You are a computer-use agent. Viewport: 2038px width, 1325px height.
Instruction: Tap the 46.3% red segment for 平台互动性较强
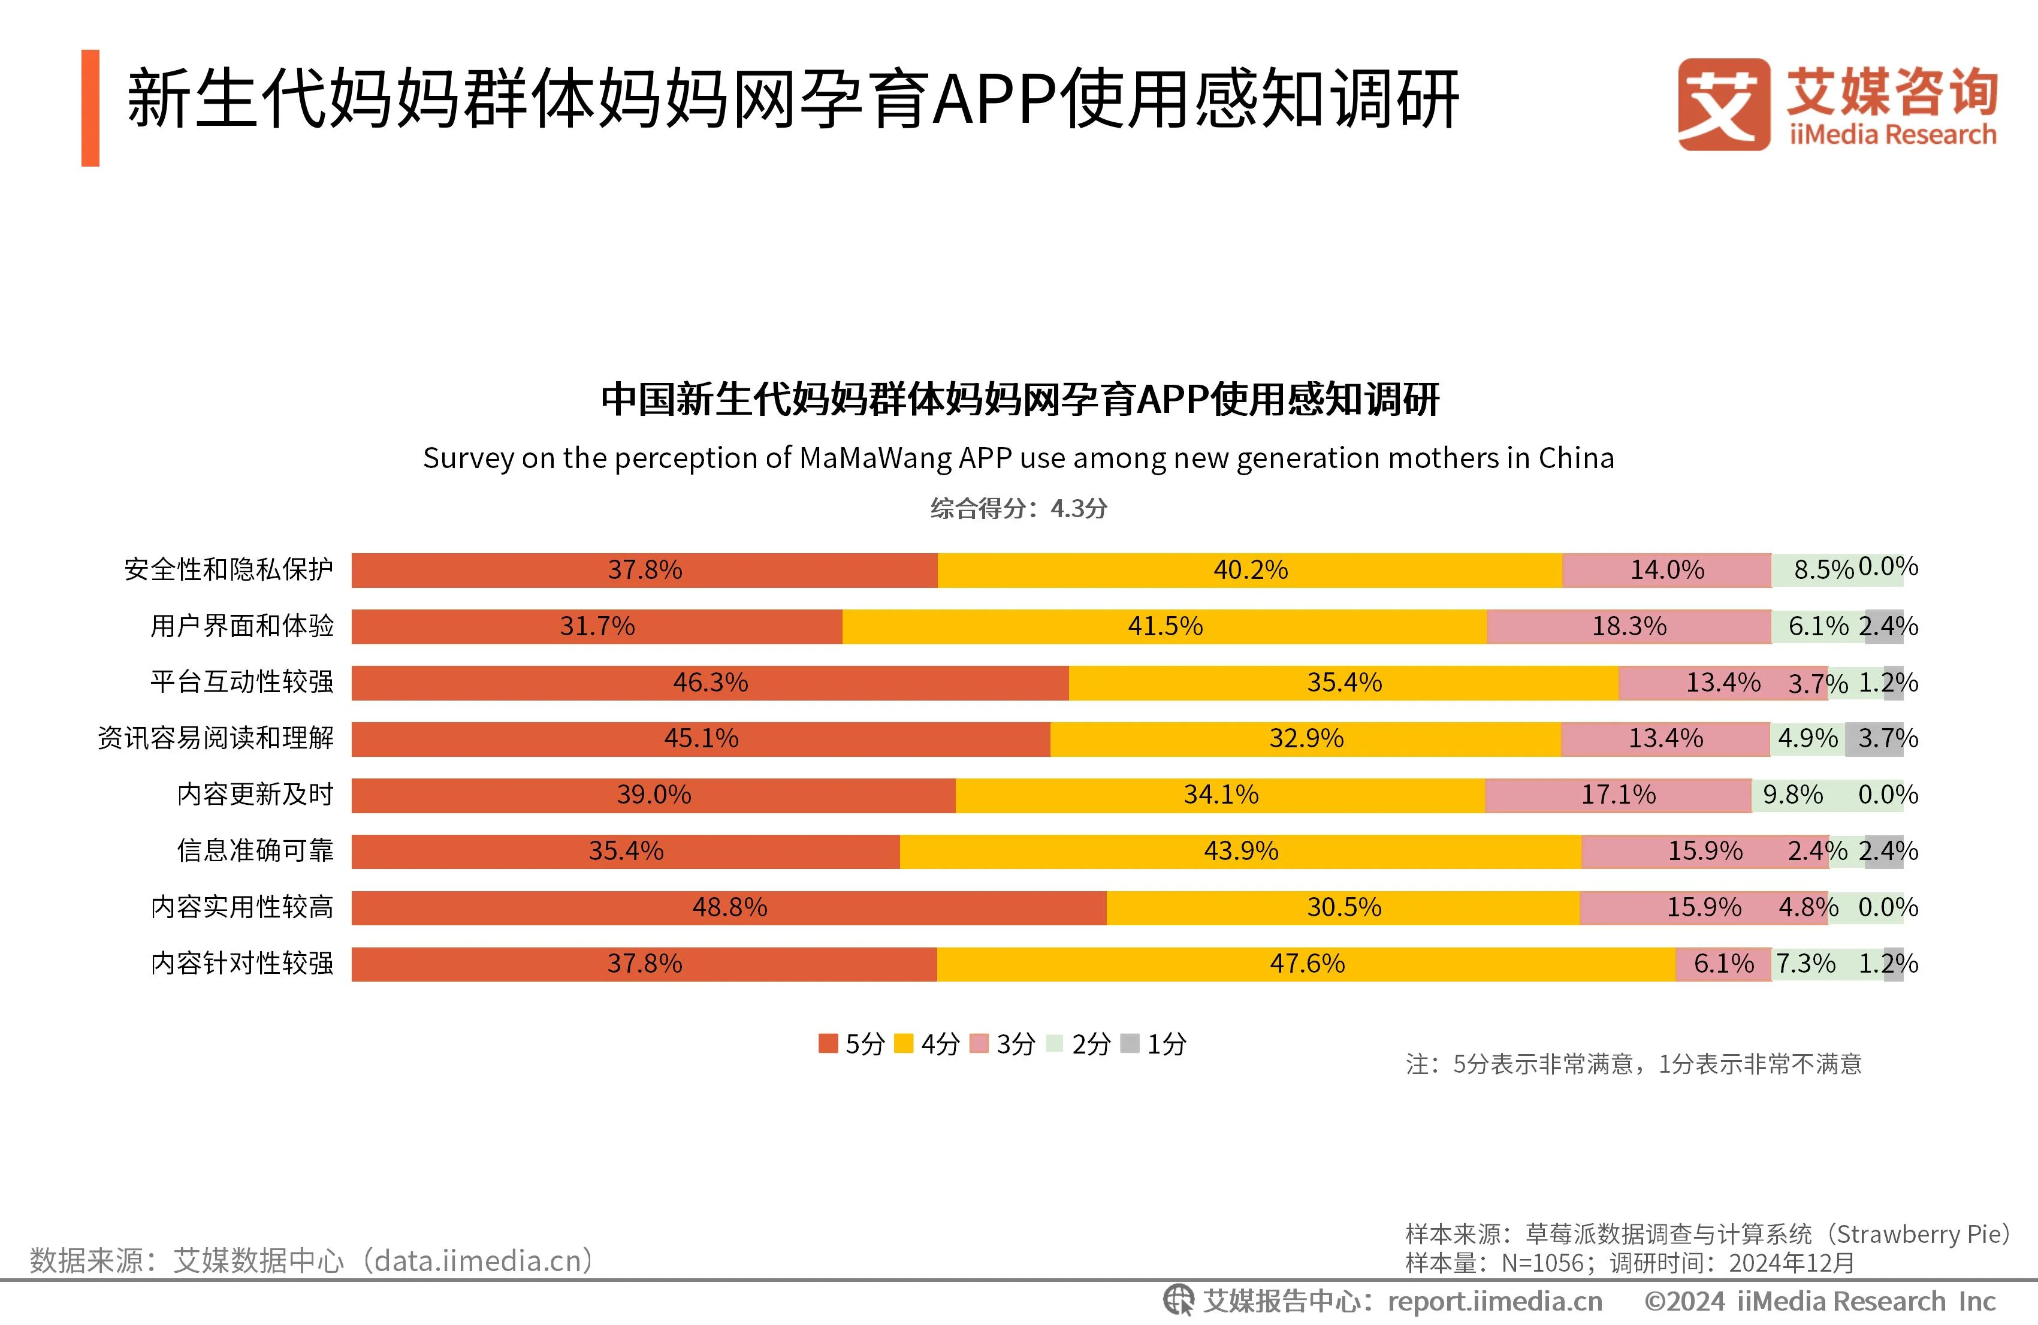710,683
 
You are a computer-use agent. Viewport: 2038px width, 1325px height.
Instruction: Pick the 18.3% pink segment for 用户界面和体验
1629,626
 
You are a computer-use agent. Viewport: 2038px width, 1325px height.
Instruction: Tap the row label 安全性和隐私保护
229,569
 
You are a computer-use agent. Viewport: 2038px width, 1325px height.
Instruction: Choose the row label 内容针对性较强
242,964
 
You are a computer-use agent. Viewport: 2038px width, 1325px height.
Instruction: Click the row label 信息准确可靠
255,850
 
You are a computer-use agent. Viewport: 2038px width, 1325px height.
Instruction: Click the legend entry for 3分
1003,1044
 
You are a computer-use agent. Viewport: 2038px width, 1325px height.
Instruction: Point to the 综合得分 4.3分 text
1019,509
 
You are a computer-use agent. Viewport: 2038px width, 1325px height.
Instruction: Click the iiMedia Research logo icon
1723,104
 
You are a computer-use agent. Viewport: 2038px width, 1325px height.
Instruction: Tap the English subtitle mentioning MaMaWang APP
1018,458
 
